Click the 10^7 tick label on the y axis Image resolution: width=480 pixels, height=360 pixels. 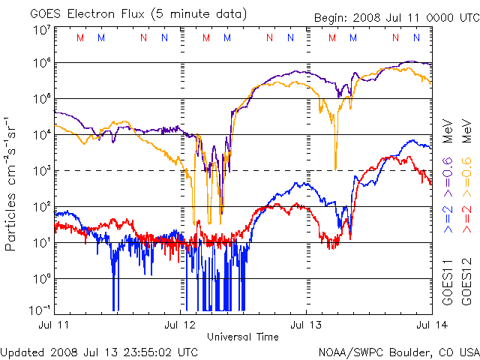pos(42,31)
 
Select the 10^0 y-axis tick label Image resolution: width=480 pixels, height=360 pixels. pos(42,279)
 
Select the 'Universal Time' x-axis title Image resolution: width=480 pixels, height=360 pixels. pos(243,337)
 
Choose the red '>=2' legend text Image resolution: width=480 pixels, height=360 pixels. pos(466,217)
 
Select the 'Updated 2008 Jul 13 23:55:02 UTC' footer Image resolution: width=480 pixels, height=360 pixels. pos(100,351)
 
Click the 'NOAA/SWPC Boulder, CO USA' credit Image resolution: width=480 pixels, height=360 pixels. pos(398,351)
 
